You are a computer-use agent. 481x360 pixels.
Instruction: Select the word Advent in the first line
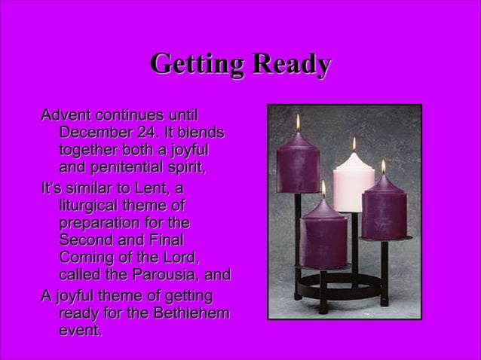[x=65, y=115]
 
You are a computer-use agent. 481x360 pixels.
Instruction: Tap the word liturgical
[x=91, y=205]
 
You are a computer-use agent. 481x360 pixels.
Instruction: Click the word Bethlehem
[x=192, y=313]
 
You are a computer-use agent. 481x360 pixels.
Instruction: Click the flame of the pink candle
[x=354, y=143]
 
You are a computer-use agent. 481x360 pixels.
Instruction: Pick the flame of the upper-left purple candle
[x=298, y=121]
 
